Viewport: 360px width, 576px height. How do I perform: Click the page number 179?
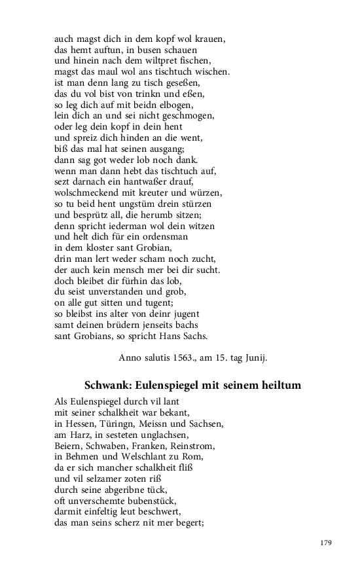tap(327, 543)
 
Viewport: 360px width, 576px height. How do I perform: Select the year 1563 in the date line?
tap(190, 358)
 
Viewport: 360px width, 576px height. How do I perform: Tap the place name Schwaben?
tap(108, 446)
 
